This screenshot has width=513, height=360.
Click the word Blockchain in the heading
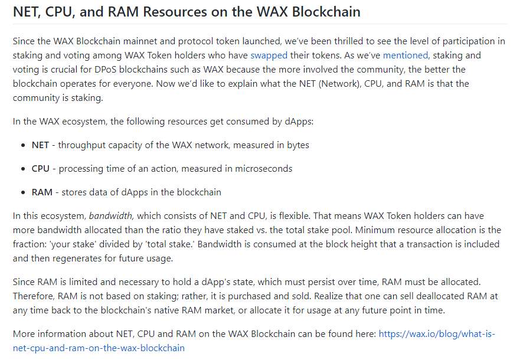pos(326,12)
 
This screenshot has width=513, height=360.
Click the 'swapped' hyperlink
pos(269,55)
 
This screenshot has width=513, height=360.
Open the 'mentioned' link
pos(406,55)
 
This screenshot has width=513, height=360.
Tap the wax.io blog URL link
pos(254,341)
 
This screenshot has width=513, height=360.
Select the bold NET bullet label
pos(40,145)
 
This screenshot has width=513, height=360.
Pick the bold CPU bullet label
pos(41,168)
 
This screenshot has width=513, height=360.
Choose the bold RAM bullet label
pos(42,192)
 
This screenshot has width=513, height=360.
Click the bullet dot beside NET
pos(23,146)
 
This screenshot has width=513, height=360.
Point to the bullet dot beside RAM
pos(23,192)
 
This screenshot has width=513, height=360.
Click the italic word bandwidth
pos(110,216)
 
